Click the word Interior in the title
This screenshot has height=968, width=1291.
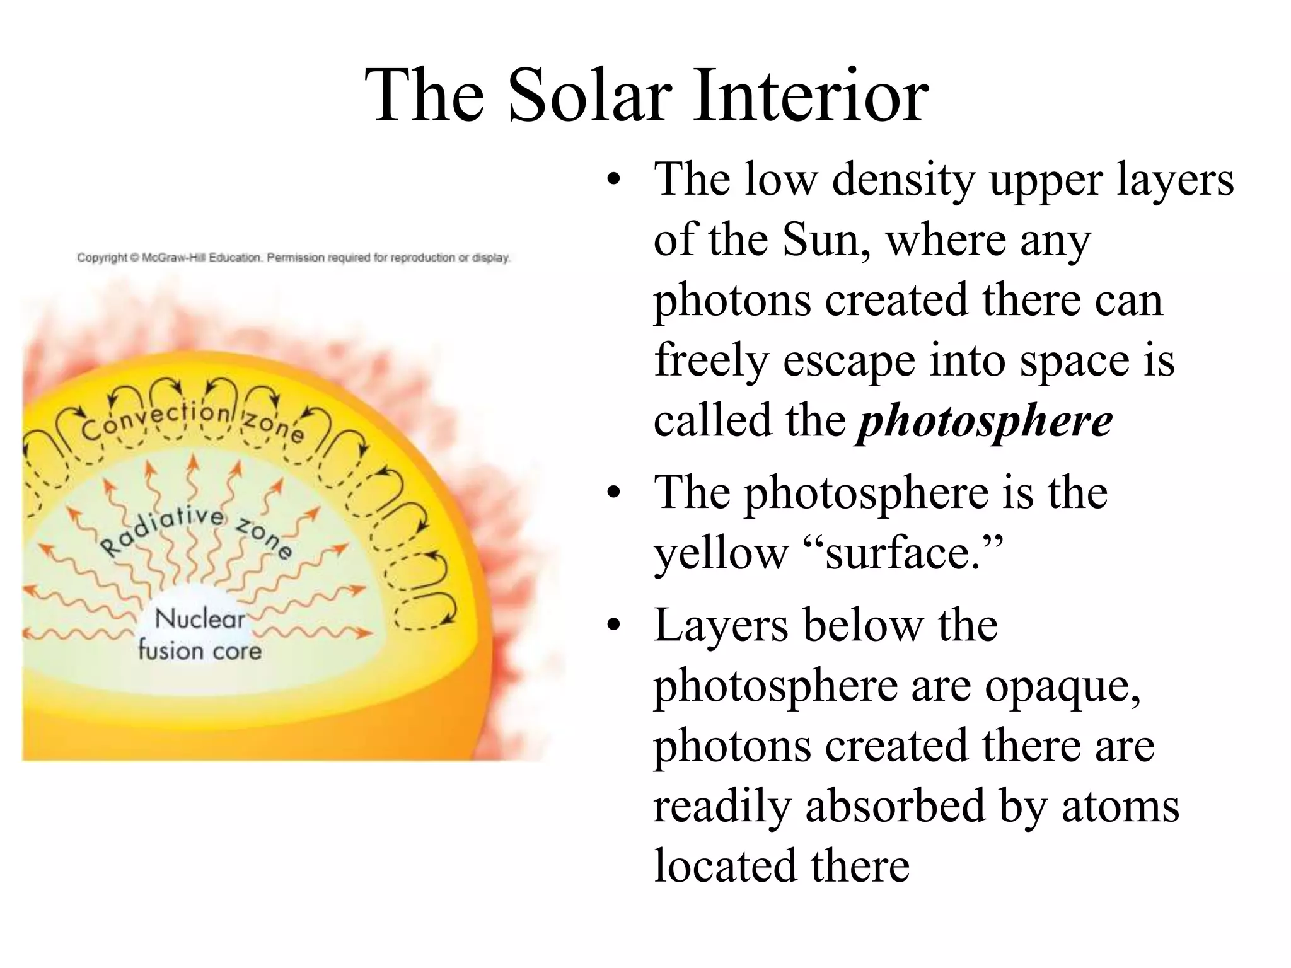(811, 96)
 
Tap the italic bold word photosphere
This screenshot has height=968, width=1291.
(984, 421)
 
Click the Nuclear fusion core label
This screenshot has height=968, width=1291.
(200, 634)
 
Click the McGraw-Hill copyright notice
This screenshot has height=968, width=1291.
(293, 258)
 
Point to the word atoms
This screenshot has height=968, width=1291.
(1120, 806)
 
